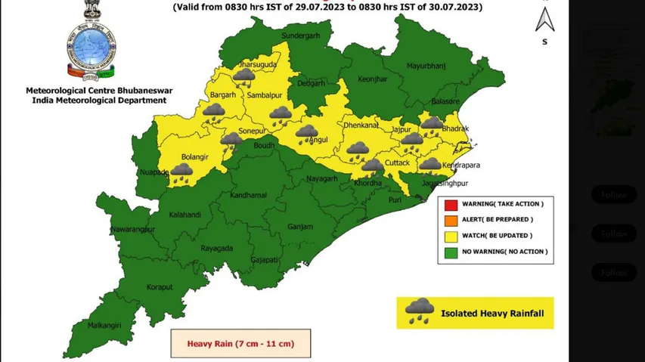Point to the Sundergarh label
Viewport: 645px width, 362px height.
pyautogui.click(x=301, y=36)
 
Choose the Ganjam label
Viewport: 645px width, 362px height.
pyautogui.click(x=300, y=226)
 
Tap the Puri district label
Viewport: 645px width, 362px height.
pyautogui.click(x=395, y=200)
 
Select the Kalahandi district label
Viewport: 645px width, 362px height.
pyautogui.click(x=185, y=215)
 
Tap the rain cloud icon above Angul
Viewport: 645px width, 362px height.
pyautogui.click(x=306, y=134)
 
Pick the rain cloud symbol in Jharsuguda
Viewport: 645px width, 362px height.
pyautogui.click(x=243, y=76)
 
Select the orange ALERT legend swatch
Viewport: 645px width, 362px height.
pyautogui.click(x=451, y=220)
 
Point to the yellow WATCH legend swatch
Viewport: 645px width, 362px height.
pyautogui.click(x=451, y=236)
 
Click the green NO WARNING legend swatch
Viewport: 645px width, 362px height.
pyautogui.click(x=451, y=252)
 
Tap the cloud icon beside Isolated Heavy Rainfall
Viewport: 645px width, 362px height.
pyautogui.click(x=418, y=311)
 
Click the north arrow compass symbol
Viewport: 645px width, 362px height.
pyautogui.click(x=544, y=19)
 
